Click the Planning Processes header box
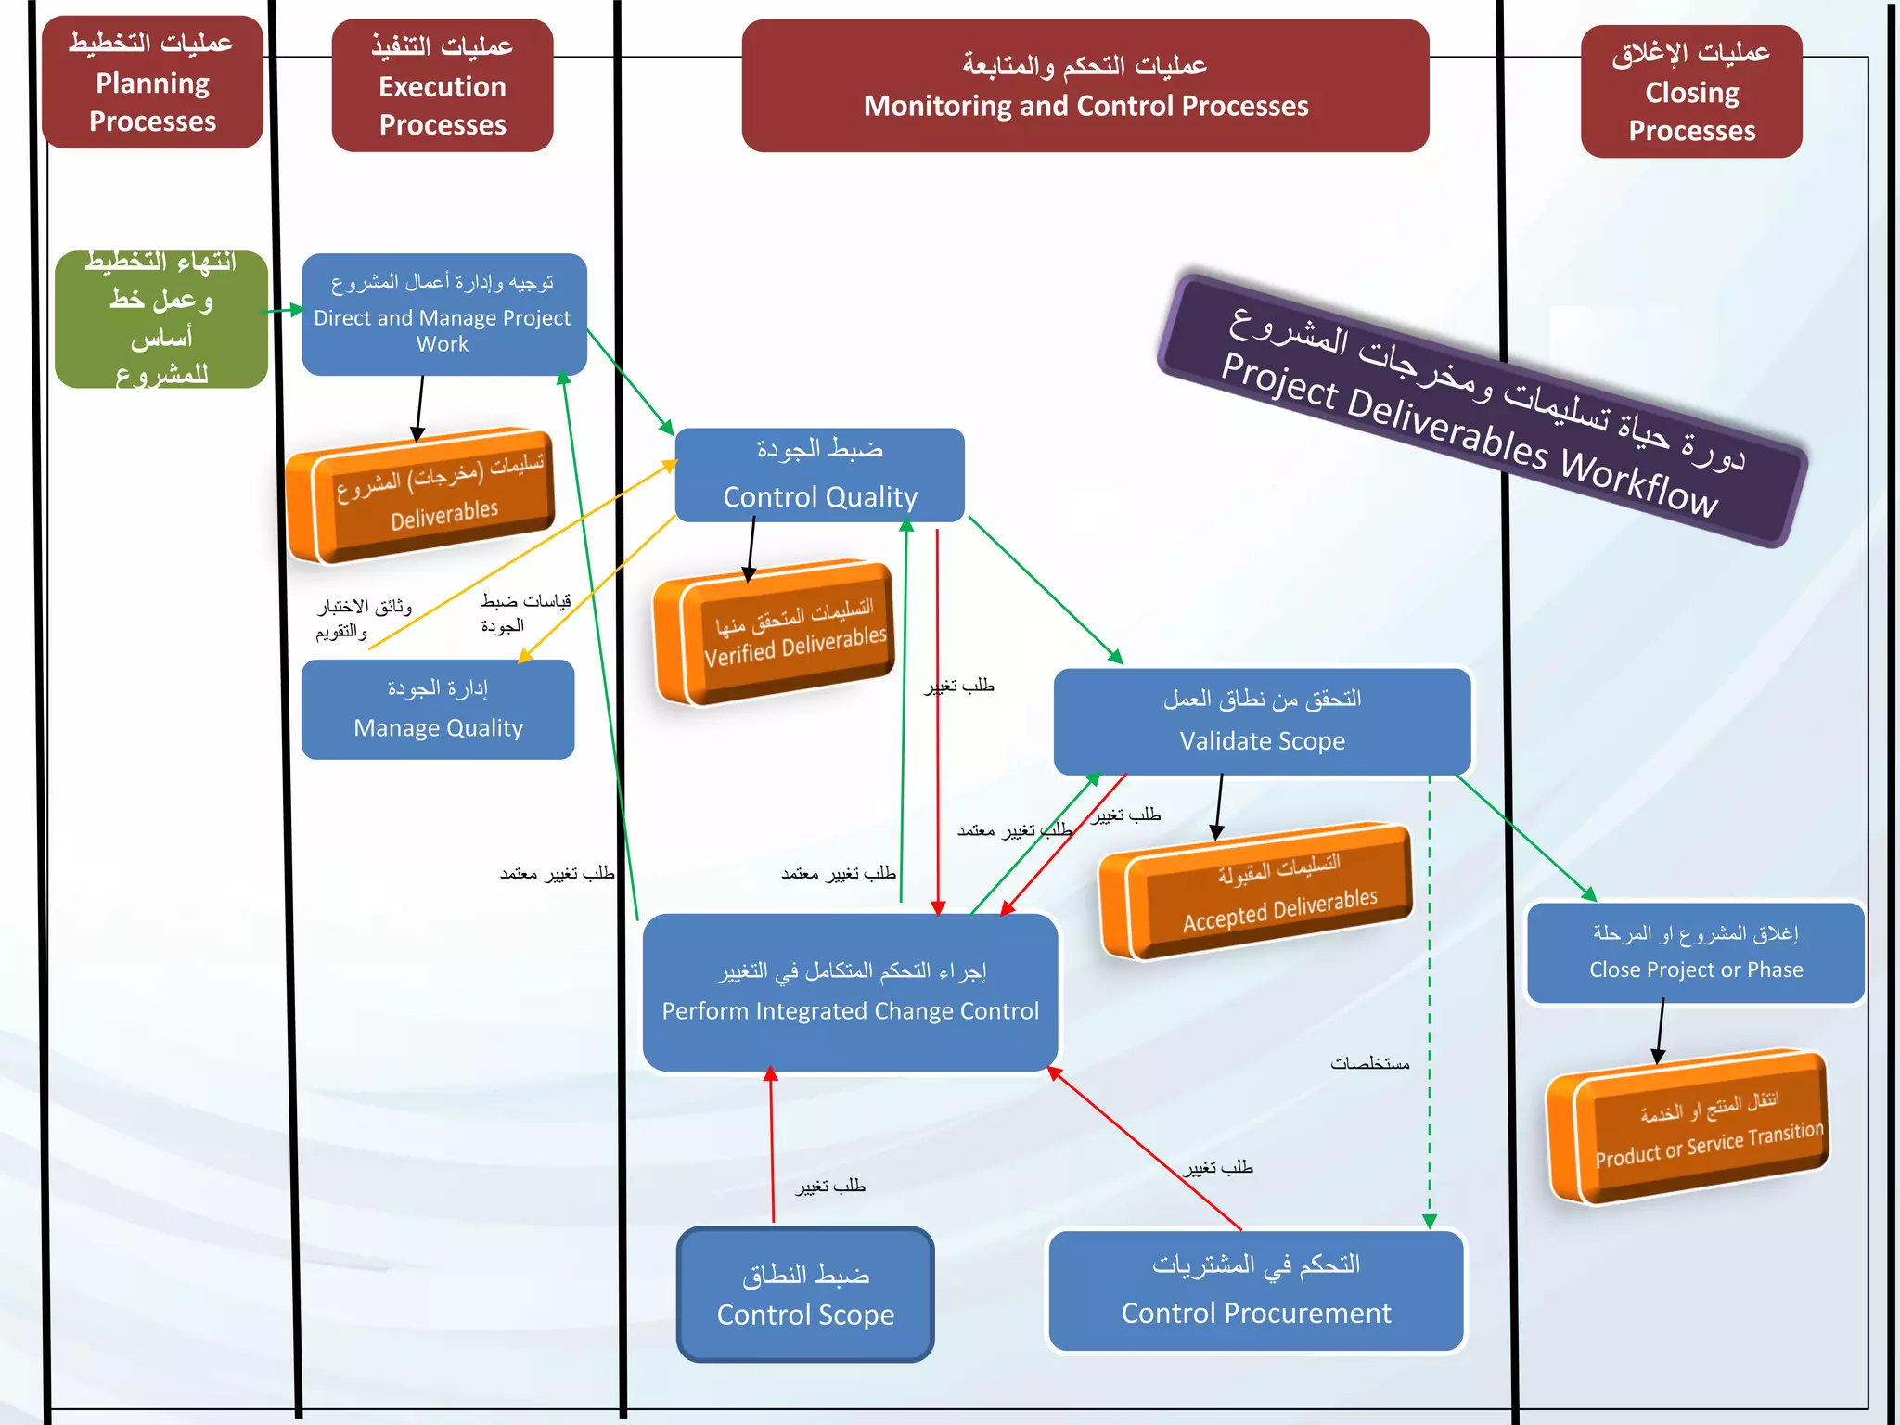pyautogui.click(x=153, y=83)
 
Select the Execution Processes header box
pyautogui.click(x=443, y=85)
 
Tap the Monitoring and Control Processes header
pyautogui.click(x=1085, y=85)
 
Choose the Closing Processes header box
pyautogui.click(x=1691, y=92)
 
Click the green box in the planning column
pyautogui.click(x=161, y=319)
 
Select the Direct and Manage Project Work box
pyautogui.click(x=443, y=315)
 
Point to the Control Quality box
pyautogui.click(x=819, y=474)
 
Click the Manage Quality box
pyautogui.click(x=438, y=710)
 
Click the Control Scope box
pyautogui.click(x=805, y=1295)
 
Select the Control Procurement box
pyautogui.click(x=1255, y=1290)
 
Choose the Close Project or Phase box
pyautogui.click(x=1695, y=953)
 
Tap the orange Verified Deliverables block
pyautogui.click(x=775, y=633)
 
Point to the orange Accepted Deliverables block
pyautogui.click(x=1257, y=891)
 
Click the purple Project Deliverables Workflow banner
pyautogui.click(x=1482, y=410)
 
